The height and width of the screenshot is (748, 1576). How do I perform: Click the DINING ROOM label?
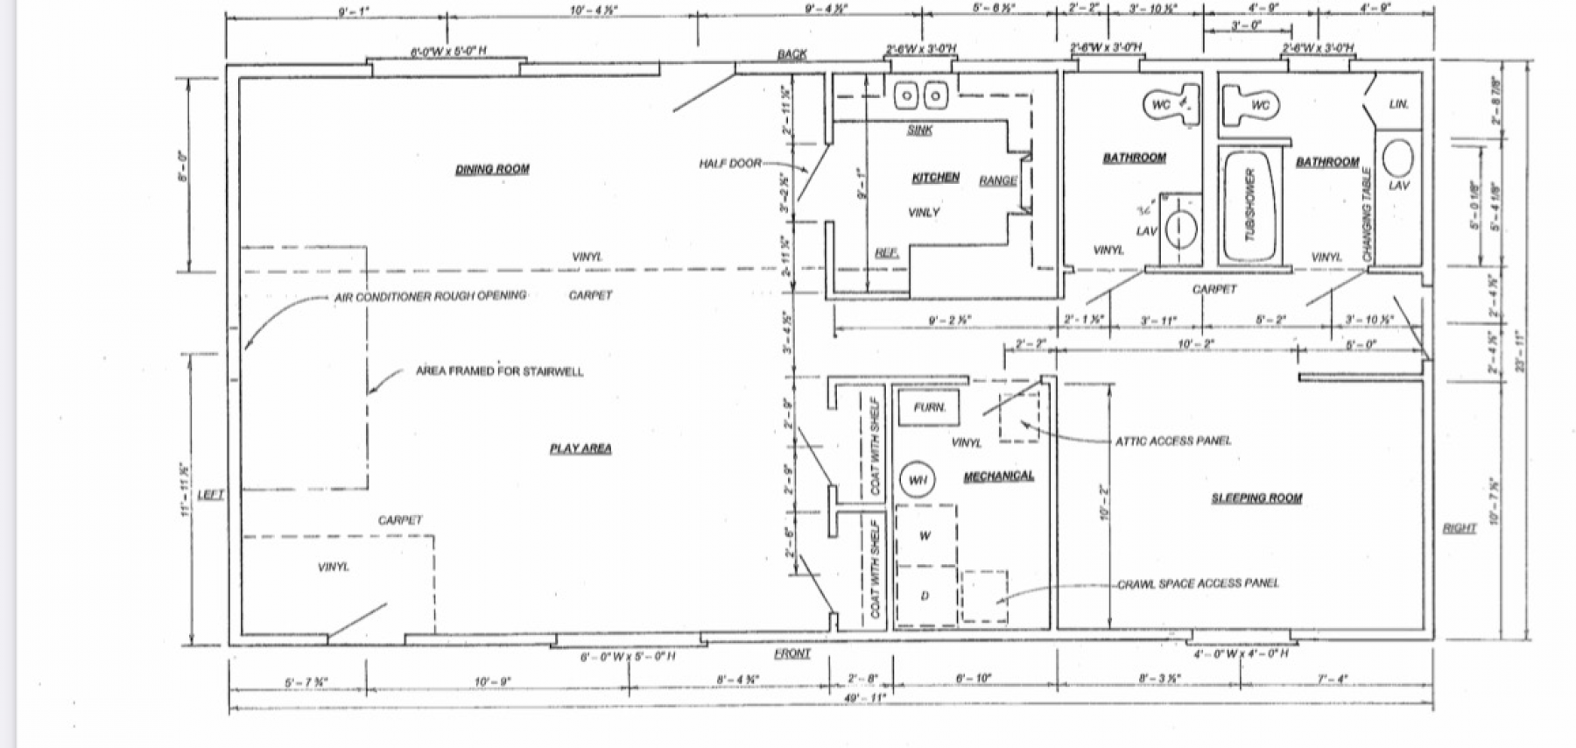tap(492, 169)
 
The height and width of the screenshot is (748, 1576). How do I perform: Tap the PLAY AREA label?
tap(580, 448)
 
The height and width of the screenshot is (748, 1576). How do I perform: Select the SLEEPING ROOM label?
tap(1256, 498)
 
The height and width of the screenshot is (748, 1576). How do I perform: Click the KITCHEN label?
tap(935, 178)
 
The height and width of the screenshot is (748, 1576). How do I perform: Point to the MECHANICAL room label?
tap(998, 476)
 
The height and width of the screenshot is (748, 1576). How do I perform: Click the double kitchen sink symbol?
tap(922, 95)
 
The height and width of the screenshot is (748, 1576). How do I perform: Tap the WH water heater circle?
tap(917, 480)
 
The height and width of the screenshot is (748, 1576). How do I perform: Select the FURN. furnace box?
tap(929, 408)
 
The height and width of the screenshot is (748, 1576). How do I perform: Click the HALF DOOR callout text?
tap(729, 164)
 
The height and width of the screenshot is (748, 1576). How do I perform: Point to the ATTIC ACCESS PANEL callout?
tap(1172, 441)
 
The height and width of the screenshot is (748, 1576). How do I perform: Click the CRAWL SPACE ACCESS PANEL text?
tap(1197, 583)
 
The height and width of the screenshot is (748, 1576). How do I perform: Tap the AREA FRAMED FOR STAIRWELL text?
tap(499, 371)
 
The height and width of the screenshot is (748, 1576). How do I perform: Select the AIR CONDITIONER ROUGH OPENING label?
tap(430, 297)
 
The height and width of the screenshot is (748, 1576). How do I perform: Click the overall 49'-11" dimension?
tap(865, 697)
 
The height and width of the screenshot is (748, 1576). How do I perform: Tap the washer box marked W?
tap(925, 536)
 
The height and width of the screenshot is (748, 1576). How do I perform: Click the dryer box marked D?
tap(925, 596)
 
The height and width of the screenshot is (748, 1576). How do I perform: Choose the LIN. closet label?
tap(1398, 104)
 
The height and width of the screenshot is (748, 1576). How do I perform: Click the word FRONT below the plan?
tap(792, 654)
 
